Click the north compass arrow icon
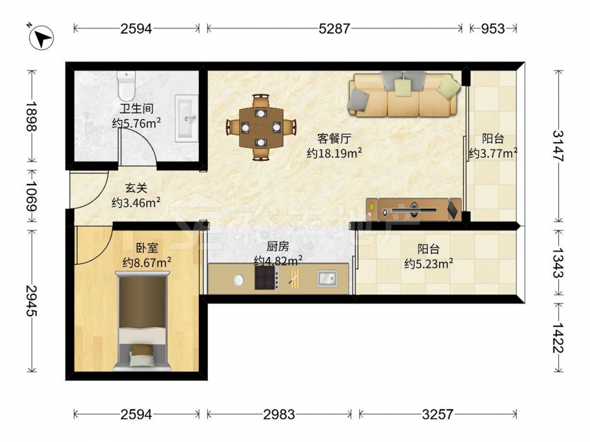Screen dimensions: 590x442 (x=41, y=37)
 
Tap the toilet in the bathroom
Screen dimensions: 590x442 (x=126, y=85)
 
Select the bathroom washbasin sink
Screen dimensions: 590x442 (x=186, y=118)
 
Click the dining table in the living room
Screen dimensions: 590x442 (x=261, y=127)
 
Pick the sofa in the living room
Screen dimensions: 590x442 (x=404, y=94)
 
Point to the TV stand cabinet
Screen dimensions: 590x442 (x=414, y=209)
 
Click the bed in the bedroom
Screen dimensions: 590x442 (x=142, y=321)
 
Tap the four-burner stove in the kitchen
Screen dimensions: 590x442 (x=267, y=278)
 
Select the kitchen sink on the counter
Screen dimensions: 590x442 (x=327, y=279)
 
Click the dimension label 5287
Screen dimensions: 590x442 (x=334, y=28)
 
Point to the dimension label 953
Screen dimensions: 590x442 (x=493, y=28)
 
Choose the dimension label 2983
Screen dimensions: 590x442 (x=279, y=414)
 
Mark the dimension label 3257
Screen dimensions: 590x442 (x=438, y=414)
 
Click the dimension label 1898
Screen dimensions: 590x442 (x=32, y=116)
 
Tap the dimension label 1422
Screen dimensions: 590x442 (x=558, y=337)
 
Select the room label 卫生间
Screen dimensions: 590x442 (x=137, y=109)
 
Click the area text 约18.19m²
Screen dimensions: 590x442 (x=334, y=153)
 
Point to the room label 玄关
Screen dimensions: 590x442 (x=136, y=188)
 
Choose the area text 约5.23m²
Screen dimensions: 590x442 (x=428, y=263)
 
